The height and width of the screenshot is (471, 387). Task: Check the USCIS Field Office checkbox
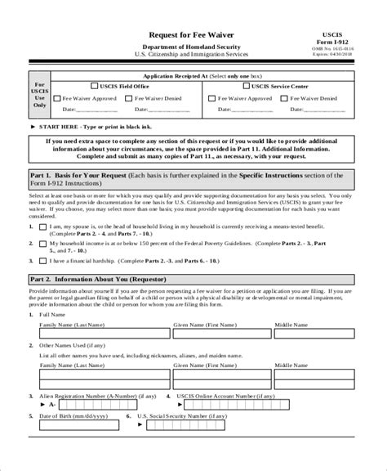pyautogui.click(x=93, y=85)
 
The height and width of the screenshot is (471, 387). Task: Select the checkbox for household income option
pyautogui.click(x=42, y=243)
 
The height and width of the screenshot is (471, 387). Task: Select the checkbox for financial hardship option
pyautogui.click(x=42, y=260)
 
